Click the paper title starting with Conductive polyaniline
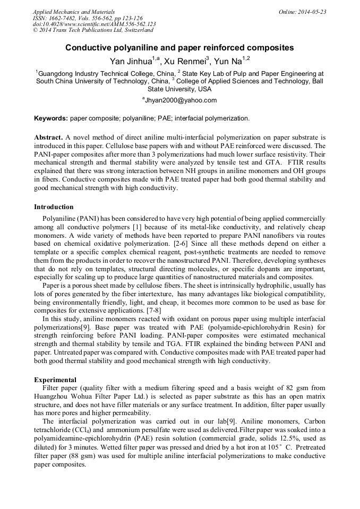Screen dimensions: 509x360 point(179,48)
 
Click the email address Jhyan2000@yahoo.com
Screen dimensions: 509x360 point(181,100)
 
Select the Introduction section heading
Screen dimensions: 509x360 point(54,206)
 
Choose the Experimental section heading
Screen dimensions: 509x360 point(55,379)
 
